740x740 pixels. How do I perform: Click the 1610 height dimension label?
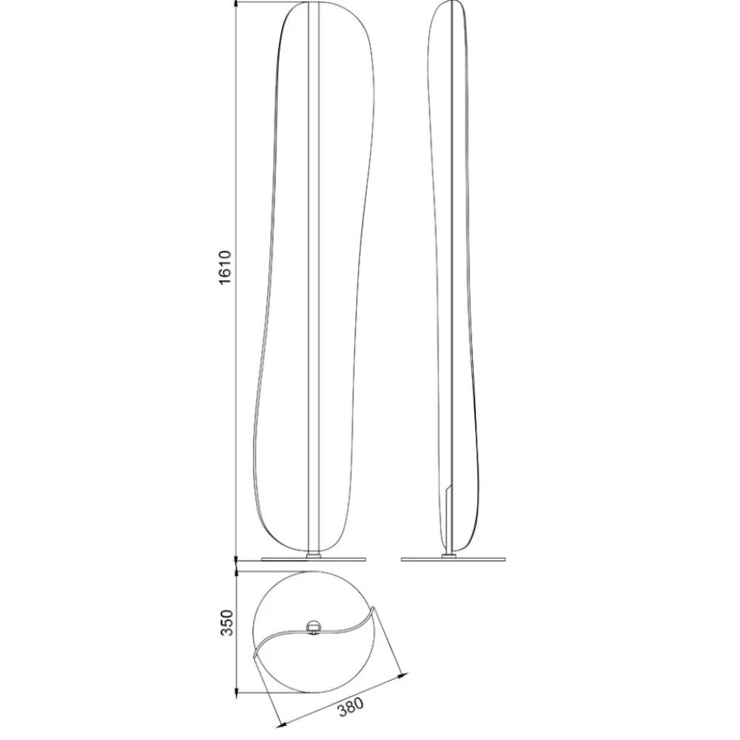226,267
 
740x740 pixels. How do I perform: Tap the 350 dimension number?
227,622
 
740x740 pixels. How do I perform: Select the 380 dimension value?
351,707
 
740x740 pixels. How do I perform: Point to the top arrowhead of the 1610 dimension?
235,5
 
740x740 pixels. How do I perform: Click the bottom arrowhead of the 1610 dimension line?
235,557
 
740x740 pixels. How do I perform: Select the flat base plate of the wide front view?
313,559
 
